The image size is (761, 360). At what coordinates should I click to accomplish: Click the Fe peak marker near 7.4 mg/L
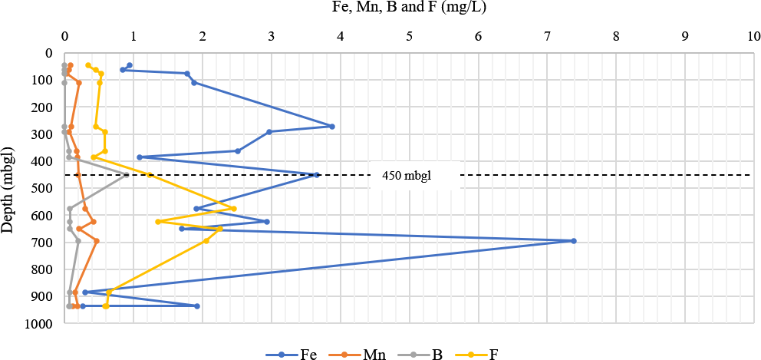574,241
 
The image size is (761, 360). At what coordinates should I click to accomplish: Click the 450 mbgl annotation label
407,175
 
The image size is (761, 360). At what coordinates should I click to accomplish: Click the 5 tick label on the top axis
410,36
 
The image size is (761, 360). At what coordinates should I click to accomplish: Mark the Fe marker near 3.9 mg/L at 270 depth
331,127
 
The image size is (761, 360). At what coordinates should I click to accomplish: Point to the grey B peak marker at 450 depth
127,175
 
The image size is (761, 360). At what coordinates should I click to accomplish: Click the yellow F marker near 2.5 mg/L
234,209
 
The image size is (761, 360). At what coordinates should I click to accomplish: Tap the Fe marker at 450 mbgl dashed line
317,175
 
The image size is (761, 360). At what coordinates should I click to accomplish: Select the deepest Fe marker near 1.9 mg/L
197,306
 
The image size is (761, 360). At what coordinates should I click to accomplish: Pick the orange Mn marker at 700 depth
97,241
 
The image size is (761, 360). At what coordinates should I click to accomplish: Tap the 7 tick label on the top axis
547,36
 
